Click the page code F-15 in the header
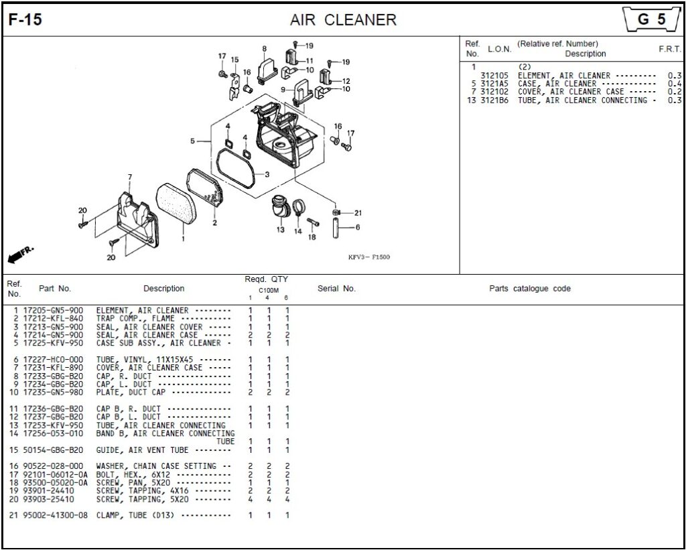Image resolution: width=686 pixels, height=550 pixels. point(25,20)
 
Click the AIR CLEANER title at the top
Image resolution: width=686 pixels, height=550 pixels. point(343,20)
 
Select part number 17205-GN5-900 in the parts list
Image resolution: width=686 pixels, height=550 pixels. point(53,311)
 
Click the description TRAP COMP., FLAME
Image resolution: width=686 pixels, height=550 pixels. point(135,319)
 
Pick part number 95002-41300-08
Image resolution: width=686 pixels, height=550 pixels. point(54,515)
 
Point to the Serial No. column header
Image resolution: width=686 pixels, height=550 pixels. point(336,289)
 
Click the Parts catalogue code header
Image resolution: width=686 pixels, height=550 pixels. point(530,289)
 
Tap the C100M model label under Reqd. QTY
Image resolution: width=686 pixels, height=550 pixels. point(268,290)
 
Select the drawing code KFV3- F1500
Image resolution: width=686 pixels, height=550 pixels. point(368,257)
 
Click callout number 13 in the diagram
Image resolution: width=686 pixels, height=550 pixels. point(281,230)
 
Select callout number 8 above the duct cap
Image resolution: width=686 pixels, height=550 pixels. point(264,49)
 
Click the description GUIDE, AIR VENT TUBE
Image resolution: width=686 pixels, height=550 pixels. point(142,450)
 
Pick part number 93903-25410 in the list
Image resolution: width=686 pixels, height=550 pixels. point(48,499)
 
